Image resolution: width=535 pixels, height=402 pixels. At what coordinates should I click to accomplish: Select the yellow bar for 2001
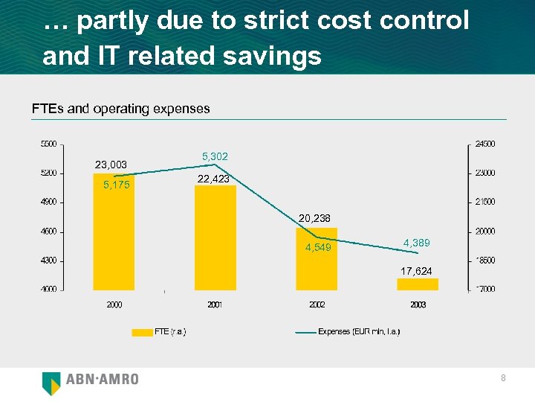click(x=215, y=237)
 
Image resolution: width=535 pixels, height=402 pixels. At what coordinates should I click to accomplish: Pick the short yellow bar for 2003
click(x=418, y=284)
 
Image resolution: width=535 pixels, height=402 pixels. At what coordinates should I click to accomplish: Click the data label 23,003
click(x=111, y=165)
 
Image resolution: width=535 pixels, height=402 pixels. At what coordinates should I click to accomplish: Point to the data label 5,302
click(x=215, y=156)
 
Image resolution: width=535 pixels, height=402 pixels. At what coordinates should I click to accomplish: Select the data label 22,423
click(x=214, y=179)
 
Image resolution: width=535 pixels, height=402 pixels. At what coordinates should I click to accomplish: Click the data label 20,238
click(x=315, y=218)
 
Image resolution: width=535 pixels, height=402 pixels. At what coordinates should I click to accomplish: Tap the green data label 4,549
click(x=318, y=248)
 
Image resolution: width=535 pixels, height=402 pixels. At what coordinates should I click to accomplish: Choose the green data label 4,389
click(x=416, y=243)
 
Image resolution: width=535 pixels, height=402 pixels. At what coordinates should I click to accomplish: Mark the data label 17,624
click(x=416, y=271)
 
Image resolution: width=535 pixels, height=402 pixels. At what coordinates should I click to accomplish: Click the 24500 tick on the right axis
click(x=485, y=144)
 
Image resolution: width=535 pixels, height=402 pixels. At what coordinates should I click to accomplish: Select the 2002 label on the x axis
click(x=317, y=304)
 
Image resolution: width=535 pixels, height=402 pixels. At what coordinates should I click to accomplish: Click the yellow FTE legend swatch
click(x=142, y=332)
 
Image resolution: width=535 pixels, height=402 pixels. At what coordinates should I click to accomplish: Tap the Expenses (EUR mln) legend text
click(x=359, y=332)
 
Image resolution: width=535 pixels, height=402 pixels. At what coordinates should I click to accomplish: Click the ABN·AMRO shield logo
click(x=51, y=382)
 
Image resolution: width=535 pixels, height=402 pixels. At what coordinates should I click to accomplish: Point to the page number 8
click(x=503, y=379)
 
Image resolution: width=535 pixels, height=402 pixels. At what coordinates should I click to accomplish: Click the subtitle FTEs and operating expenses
click(x=120, y=109)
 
